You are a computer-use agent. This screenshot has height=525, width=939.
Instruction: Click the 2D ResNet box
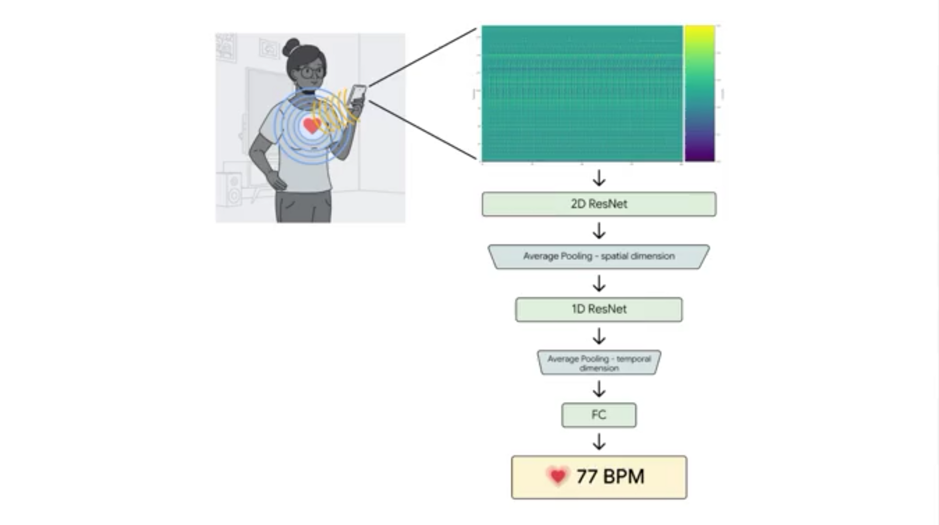coord(599,204)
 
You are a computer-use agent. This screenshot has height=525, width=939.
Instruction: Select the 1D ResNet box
coord(599,310)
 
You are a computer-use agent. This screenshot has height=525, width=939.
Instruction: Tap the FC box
coord(599,415)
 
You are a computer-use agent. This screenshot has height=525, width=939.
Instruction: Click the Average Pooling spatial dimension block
coord(599,257)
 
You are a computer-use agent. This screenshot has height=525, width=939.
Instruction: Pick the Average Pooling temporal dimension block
coord(599,363)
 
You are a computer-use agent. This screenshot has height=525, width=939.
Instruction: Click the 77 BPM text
coord(610,477)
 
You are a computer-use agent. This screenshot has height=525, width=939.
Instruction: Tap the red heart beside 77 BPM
coord(557,476)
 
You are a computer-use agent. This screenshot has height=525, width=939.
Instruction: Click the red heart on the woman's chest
coord(311,126)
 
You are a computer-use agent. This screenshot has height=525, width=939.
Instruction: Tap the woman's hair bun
coord(291,47)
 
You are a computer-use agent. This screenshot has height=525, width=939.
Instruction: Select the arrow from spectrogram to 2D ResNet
coord(599,178)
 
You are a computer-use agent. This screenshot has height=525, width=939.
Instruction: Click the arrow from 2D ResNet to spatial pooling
coord(599,230)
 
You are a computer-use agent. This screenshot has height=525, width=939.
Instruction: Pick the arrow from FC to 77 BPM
coord(599,441)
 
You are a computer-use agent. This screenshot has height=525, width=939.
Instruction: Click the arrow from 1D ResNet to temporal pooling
coord(599,336)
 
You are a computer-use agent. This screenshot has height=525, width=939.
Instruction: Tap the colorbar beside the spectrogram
coord(699,93)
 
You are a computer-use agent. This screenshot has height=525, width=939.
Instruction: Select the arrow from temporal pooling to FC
coord(599,389)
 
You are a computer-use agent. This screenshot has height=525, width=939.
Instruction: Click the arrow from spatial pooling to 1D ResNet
coord(599,283)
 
